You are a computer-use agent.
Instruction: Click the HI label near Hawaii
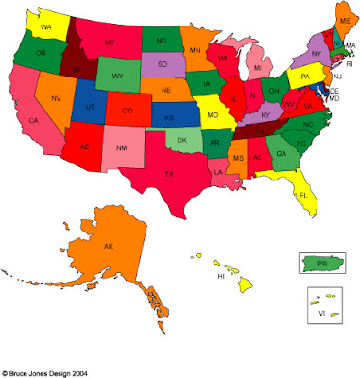point(220,277)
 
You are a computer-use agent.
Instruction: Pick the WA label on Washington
point(44,29)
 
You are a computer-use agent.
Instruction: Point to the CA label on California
point(34,121)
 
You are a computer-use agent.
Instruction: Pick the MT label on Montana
point(109,43)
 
